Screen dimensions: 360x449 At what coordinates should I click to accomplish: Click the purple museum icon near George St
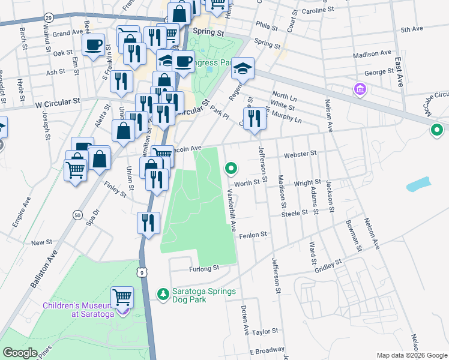(360, 89)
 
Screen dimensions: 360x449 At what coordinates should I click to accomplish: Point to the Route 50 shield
(77, 215)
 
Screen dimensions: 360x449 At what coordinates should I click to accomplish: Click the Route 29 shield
(48, 19)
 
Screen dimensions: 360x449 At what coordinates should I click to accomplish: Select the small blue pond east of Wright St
(418, 184)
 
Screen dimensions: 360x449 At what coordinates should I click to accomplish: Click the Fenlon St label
(252, 236)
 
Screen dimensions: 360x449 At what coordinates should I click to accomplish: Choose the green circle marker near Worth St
(231, 169)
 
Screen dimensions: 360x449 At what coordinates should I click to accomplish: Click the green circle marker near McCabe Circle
(437, 129)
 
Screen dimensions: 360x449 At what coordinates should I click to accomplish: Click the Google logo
(20, 353)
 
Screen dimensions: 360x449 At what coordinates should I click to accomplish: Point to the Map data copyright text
(411, 355)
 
